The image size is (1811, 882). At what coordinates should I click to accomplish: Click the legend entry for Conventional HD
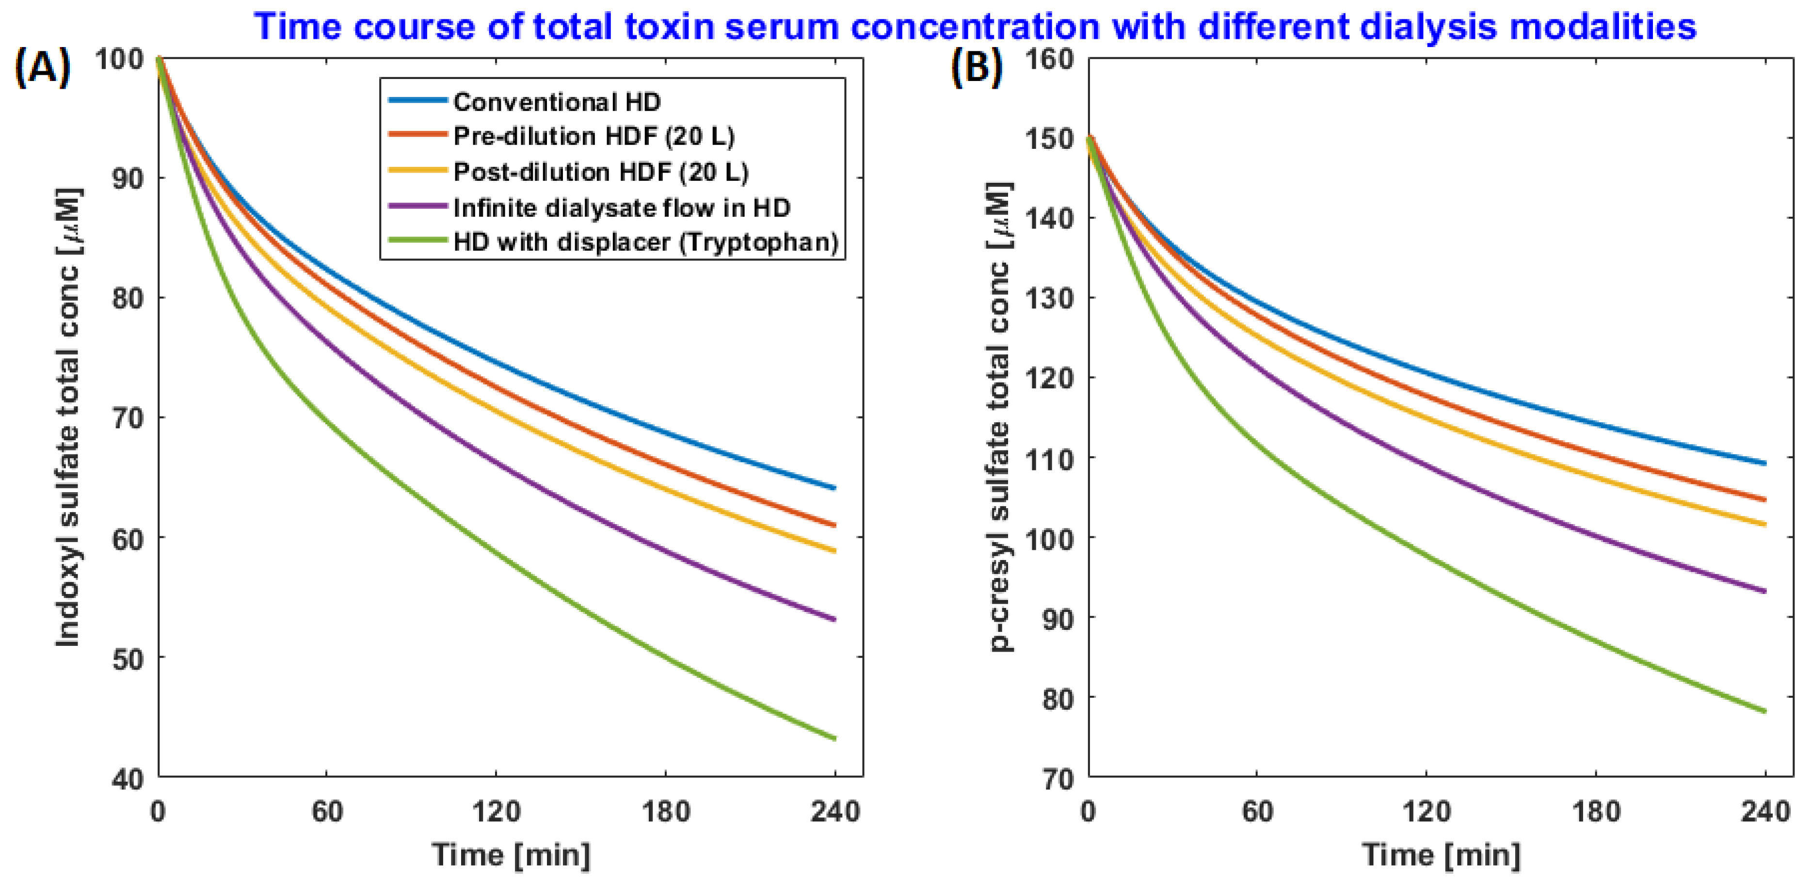[x=557, y=103]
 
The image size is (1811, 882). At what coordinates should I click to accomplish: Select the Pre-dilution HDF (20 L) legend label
[x=593, y=136]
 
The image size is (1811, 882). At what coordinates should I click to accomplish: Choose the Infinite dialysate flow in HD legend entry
[x=622, y=208]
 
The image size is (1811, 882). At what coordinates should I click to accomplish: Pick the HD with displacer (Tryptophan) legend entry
[x=645, y=242]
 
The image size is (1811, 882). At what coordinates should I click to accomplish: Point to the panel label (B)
[x=977, y=69]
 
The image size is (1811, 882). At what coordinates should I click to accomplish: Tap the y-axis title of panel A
[x=68, y=417]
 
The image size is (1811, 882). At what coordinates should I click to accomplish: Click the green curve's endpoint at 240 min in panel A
[x=834, y=738]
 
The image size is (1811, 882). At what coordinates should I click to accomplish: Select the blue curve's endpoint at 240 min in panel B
[x=1764, y=463]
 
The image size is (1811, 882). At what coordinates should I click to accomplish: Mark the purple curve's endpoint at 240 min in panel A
[x=834, y=620]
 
